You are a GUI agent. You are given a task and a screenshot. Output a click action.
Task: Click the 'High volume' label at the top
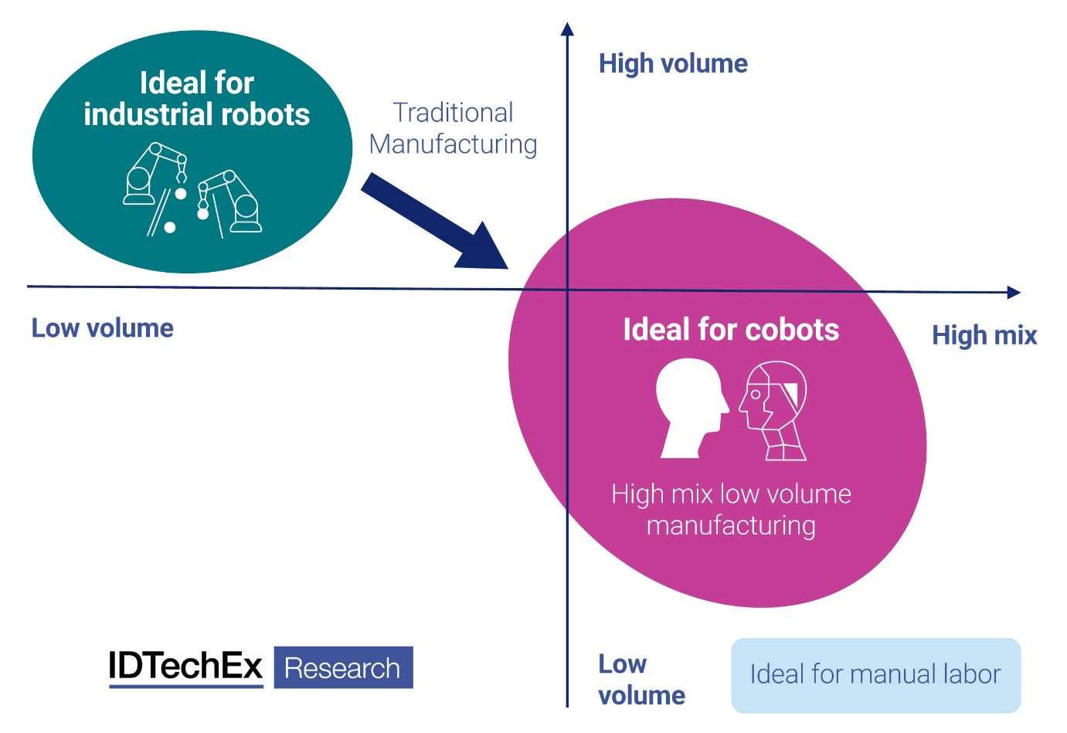673,63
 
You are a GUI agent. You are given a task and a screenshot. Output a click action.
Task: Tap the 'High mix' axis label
984,335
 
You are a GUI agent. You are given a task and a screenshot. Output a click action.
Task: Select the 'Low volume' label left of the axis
102,328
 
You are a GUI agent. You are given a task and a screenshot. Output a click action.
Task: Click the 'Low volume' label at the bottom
641,680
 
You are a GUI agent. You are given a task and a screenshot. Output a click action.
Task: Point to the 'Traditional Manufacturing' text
454,128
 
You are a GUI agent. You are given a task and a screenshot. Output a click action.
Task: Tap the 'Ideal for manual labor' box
875,675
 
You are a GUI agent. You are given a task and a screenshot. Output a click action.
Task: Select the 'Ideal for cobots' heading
731,330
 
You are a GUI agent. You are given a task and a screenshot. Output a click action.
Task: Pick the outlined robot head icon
775,410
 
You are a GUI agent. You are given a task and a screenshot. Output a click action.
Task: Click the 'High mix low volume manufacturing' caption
731,509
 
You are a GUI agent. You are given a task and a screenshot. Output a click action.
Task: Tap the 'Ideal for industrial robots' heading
196,99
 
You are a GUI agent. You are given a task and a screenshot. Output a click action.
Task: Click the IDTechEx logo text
185,667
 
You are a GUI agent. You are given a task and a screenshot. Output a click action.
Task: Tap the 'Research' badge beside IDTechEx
343,668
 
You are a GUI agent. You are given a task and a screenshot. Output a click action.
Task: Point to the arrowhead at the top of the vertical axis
567,29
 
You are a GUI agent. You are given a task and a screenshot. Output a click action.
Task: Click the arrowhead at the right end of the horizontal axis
1014,292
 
